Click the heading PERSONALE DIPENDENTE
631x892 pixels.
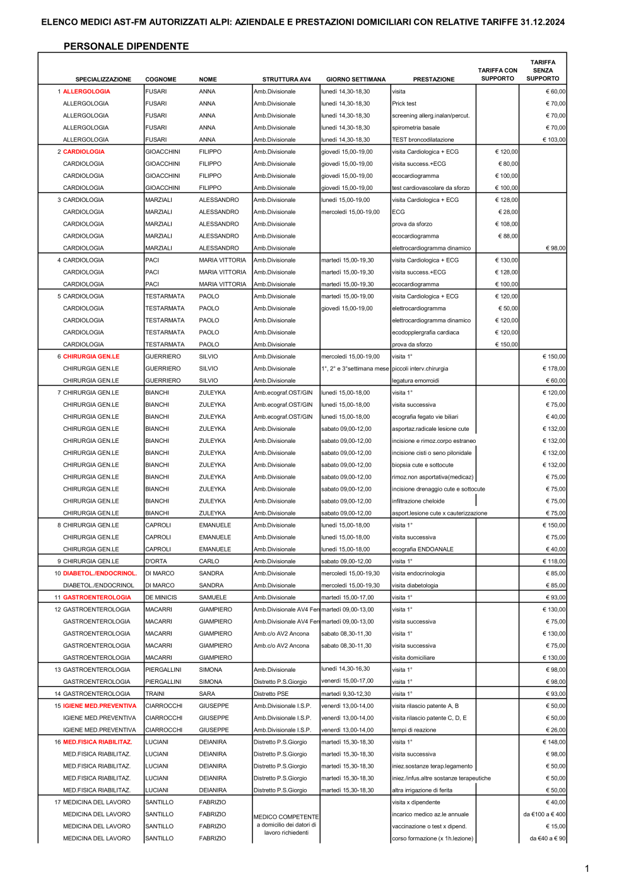(126, 46)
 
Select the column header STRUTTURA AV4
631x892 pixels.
(286, 79)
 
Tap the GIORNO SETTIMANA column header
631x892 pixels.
(355, 79)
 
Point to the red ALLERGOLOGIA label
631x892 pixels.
(86, 91)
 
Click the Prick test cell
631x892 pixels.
(404, 103)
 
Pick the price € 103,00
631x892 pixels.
(554, 140)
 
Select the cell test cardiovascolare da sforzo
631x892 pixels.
(430, 188)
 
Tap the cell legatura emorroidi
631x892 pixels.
(415, 381)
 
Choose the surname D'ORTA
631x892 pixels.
(156, 561)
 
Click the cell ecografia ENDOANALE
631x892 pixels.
(422, 549)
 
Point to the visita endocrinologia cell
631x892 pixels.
(418, 573)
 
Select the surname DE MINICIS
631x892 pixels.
(161, 597)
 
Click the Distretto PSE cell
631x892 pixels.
(271, 694)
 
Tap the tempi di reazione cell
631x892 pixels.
(413, 730)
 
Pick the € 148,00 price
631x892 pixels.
(554, 742)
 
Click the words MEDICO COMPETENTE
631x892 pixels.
(286, 817)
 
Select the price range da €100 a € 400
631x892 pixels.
(544, 814)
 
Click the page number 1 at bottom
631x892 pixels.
(587, 869)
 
